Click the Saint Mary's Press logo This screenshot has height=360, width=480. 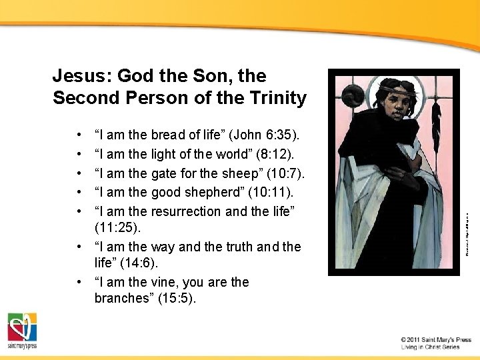22,331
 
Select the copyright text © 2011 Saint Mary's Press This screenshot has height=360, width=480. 436,339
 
